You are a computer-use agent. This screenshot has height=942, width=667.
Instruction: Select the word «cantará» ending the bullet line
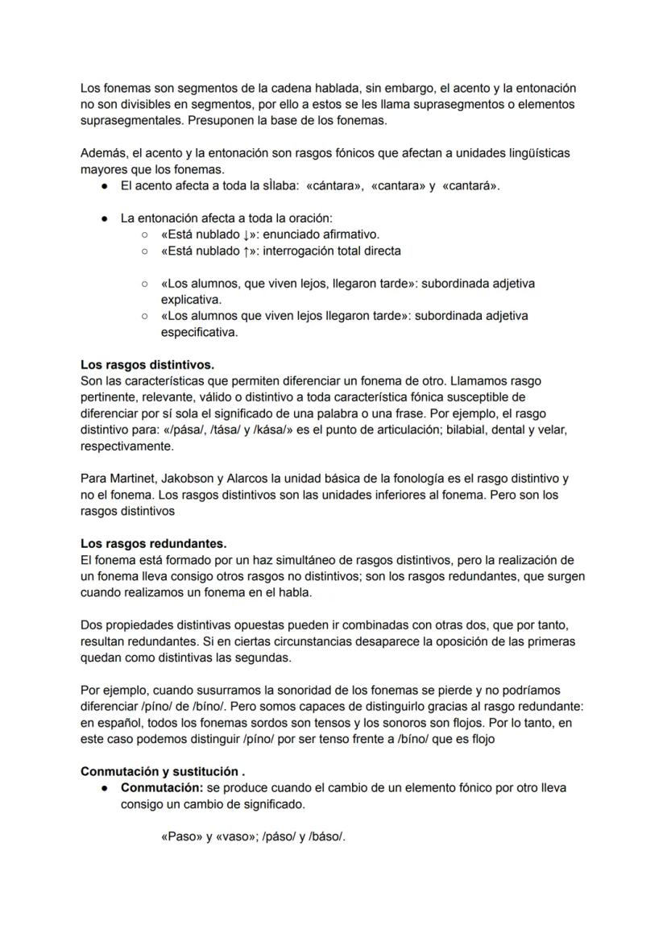click(x=471, y=185)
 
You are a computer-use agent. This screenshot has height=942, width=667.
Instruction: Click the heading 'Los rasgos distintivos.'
click(x=147, y=364)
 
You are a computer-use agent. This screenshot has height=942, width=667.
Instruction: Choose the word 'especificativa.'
click(x=200, y=332)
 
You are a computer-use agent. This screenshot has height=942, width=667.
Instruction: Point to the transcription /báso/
click(x=326, y=836)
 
